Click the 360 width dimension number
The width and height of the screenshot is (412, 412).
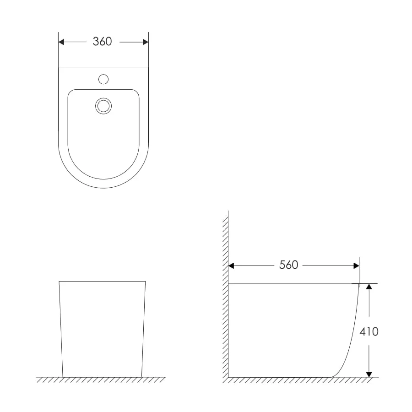102,42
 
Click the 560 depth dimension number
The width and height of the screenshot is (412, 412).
288,265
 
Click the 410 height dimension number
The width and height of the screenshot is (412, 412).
369,331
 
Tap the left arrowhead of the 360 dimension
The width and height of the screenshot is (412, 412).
61,42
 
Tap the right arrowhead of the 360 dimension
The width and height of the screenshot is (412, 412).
146,42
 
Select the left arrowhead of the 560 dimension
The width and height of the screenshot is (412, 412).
231,266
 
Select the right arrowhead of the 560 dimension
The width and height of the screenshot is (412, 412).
356,266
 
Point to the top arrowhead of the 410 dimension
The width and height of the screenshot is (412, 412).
369,287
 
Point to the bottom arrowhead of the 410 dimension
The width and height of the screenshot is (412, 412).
369,374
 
